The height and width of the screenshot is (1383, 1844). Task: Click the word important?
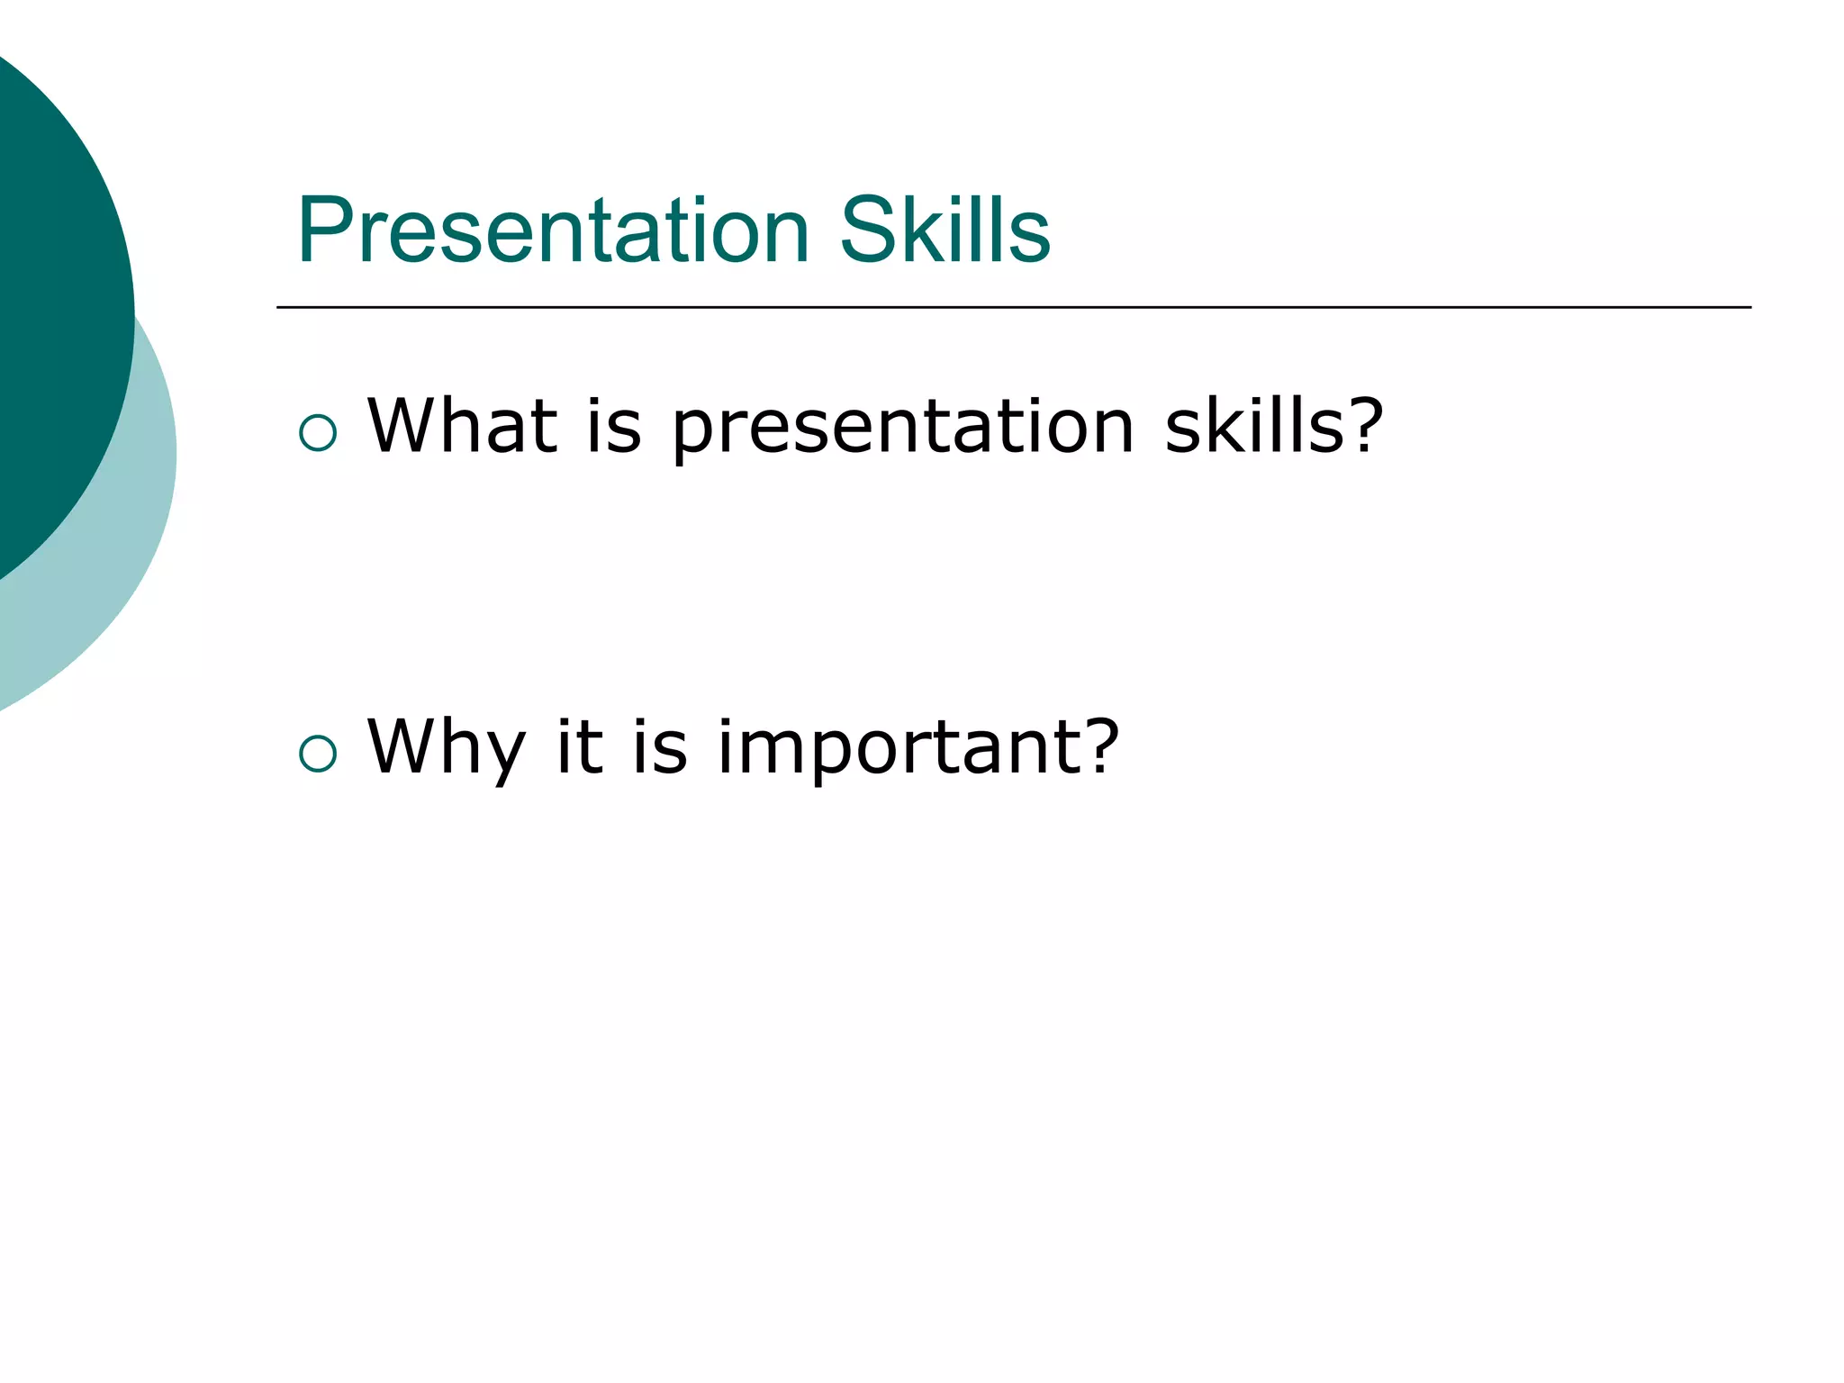click(917, 747)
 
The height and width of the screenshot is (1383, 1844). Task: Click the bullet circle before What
click(318, 433)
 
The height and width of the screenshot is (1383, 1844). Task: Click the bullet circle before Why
click(318, 754)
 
